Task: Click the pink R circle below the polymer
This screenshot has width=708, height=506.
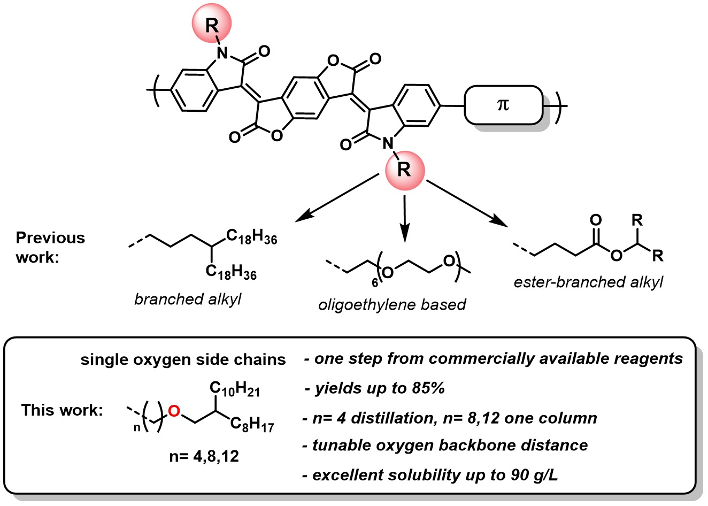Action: pos(404,170)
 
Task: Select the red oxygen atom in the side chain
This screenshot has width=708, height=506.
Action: pos(173,411)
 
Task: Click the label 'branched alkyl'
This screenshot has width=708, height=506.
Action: pos(188,299)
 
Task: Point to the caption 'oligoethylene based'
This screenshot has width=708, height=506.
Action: pos(392,304)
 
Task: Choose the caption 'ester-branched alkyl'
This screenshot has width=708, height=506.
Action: pos(588,282)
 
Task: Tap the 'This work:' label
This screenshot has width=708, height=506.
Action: pos(62,410)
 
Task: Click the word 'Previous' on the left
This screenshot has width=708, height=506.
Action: pos(50,237)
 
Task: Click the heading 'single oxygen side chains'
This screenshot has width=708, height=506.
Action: pos(183,359)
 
